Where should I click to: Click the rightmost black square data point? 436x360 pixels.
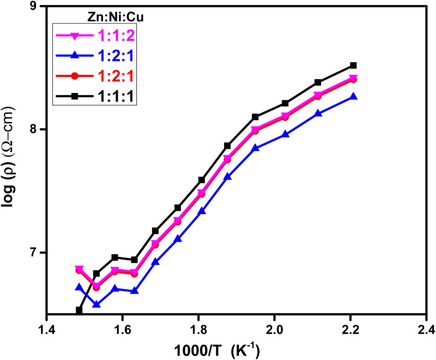coord(353,65)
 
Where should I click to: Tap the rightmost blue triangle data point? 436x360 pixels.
coord(353,97)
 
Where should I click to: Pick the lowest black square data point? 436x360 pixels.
coord(79,310)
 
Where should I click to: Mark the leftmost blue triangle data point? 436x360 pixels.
coord(79,287)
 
